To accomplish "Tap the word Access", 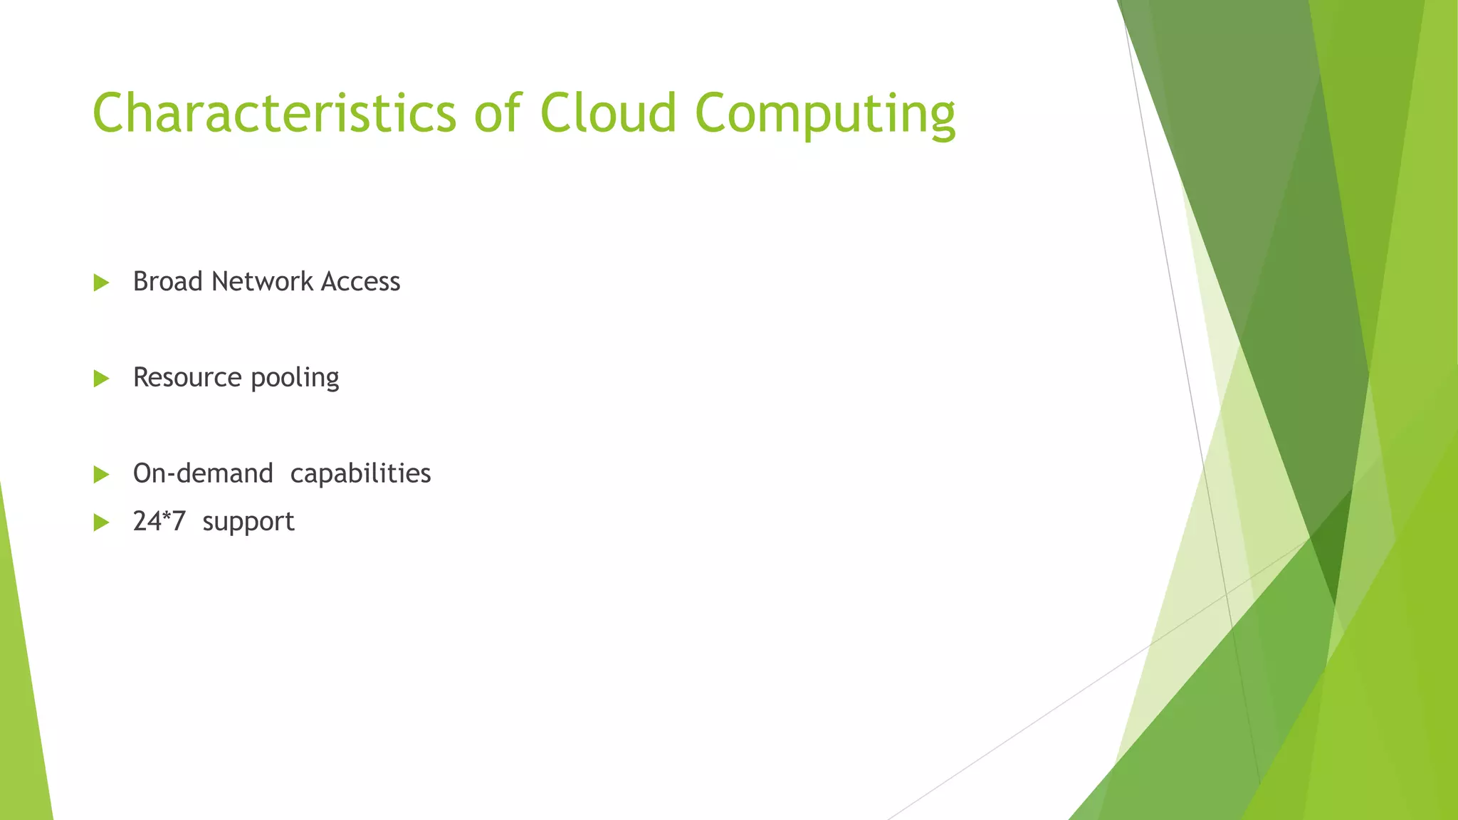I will click(x=360, y=282).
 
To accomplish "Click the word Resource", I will click(x=187, y=378).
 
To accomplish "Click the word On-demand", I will click(x=203, y=473).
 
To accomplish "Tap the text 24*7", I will click(x=159, y=522).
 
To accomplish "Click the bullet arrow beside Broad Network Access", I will click(x=101, y=283).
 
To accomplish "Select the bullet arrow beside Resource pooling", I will click(x=101, y=379).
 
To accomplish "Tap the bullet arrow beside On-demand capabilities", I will click(x=101, y=475).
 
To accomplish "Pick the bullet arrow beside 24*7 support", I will click(x=101, y=523).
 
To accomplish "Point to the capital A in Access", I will click(x=330, y=282).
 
